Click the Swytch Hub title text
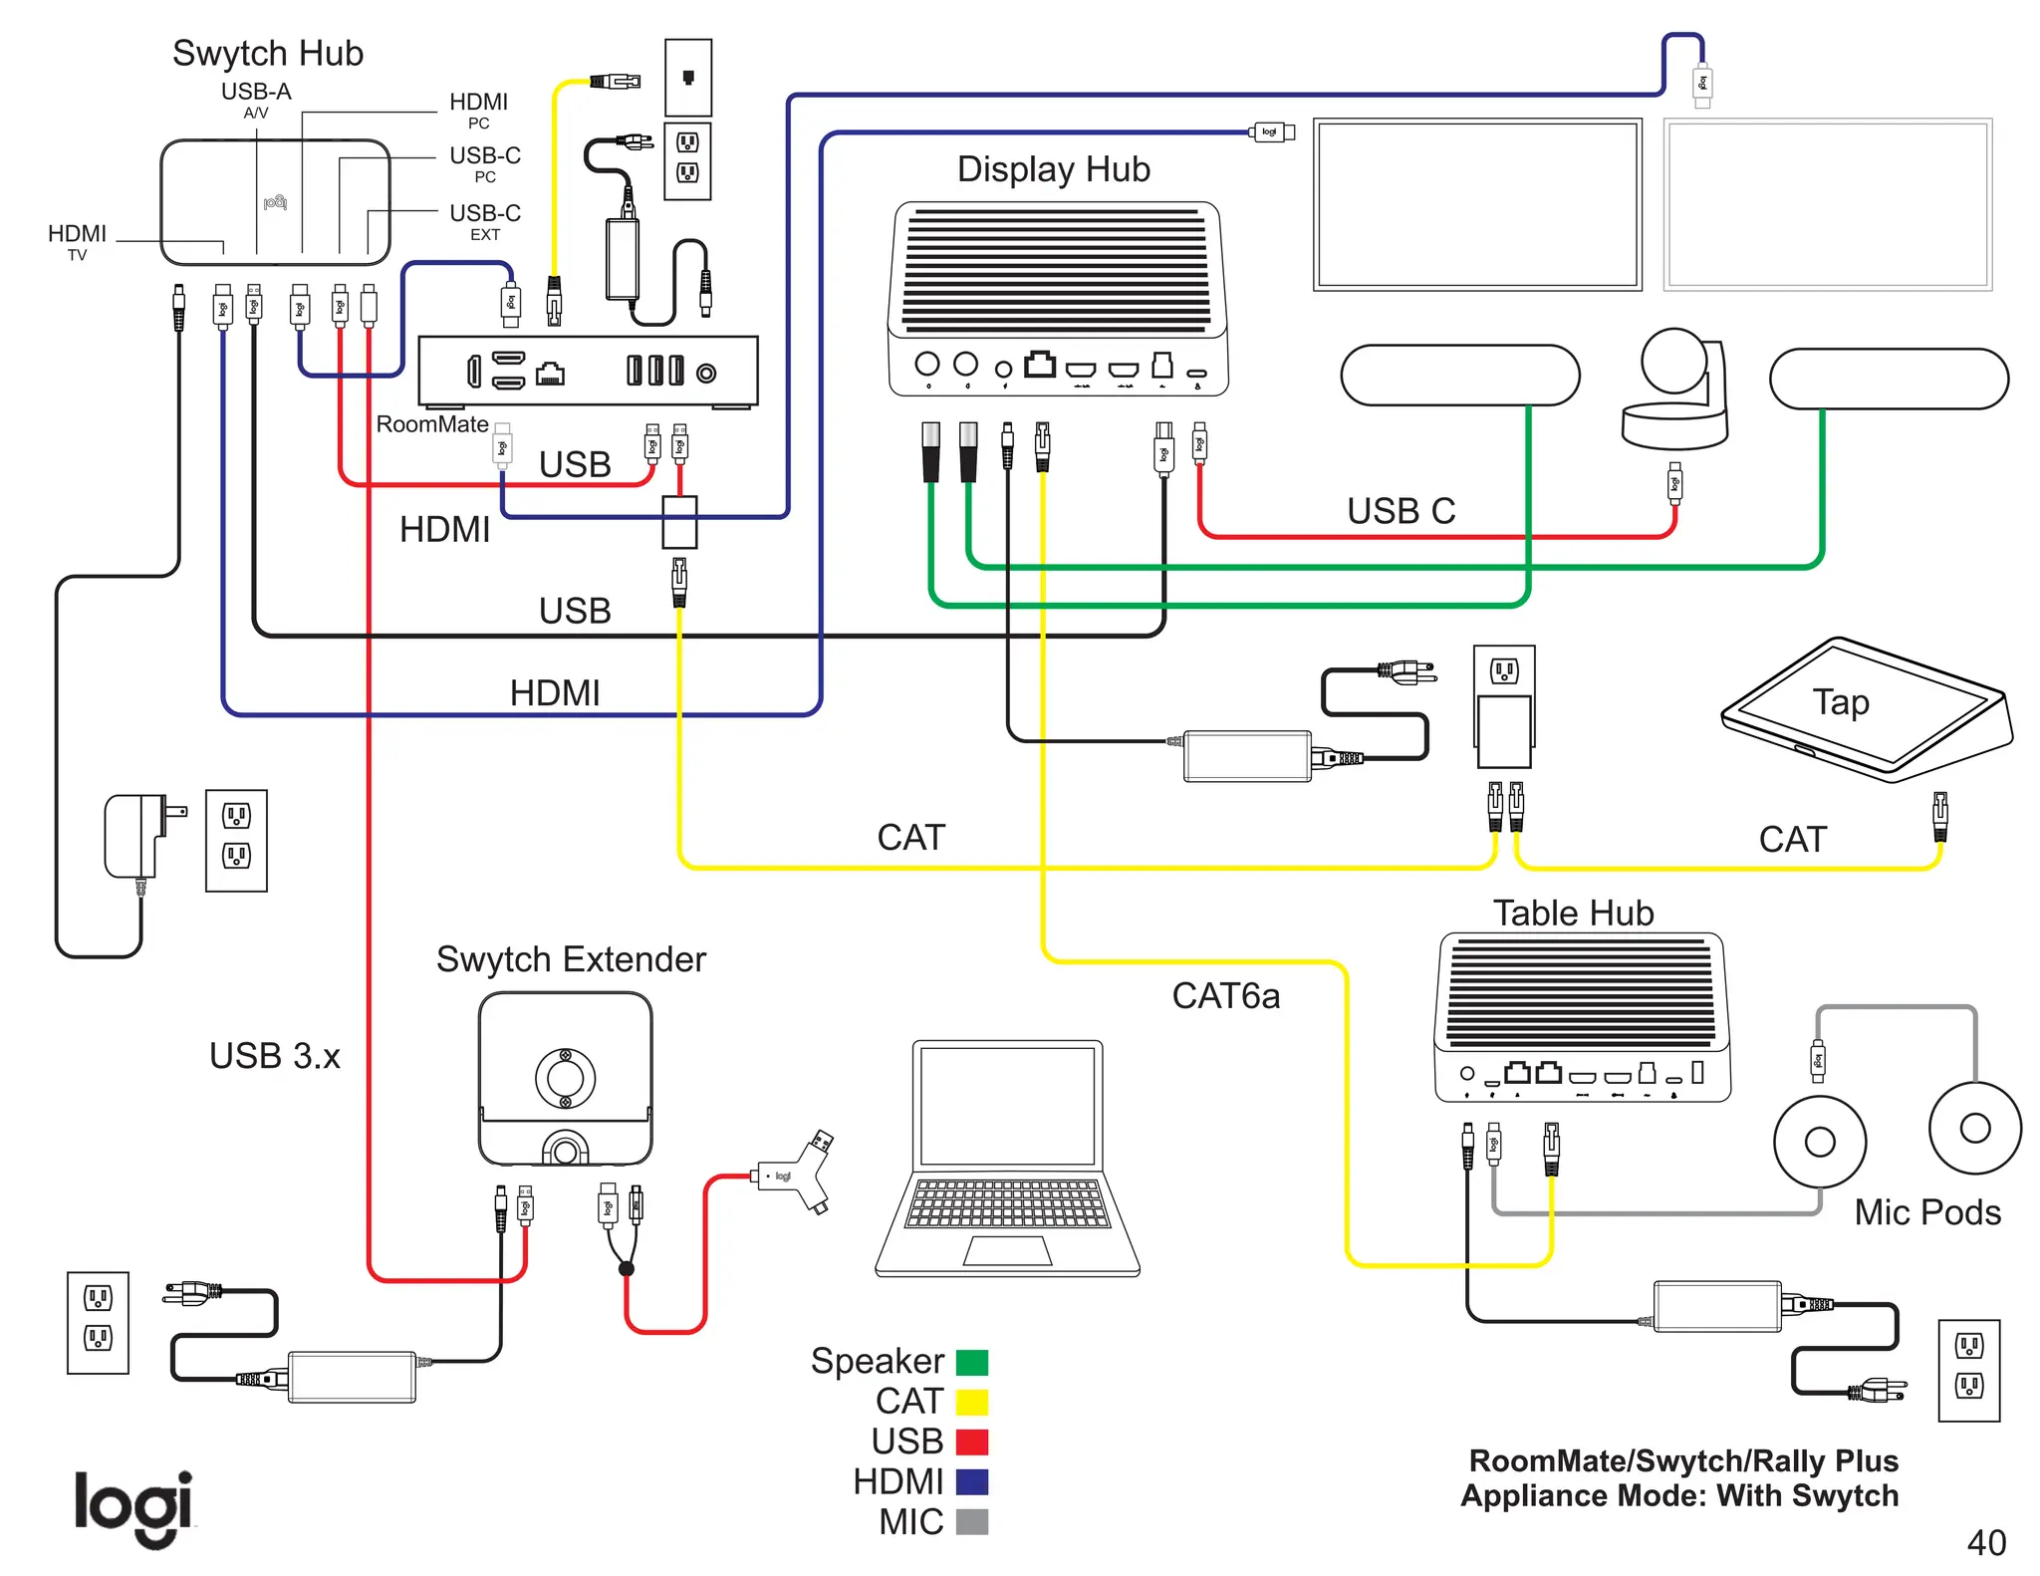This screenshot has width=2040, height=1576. pos(268,53)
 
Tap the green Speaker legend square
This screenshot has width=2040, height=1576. pos(971,1362)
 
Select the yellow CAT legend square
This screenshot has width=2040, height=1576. pos(971,1402)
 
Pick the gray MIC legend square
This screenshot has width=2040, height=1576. pos(971,1522)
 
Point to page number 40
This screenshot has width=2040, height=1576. pos(1985,1543)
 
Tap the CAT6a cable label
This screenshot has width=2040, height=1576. pos(1225,996)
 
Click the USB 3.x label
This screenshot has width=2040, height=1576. pos(274,1056)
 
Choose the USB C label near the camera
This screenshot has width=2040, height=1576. pos(1401,511)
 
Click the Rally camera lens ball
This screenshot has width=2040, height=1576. pos(1674,361)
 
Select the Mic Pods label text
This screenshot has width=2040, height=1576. pos(1926,1212)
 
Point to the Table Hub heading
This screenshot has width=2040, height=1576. pos(1573,913)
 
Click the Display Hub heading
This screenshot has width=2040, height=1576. pos(1053,169)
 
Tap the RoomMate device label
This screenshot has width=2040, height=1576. pos(431,424)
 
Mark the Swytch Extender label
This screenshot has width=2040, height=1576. pos(571,959)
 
